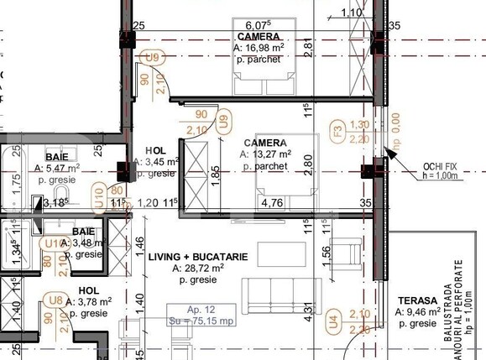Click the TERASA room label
click(417, 300)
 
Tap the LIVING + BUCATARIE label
click(198, 257)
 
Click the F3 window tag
click(337, 131)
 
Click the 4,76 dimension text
click(272, 202)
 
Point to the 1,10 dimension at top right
click(353, 12)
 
